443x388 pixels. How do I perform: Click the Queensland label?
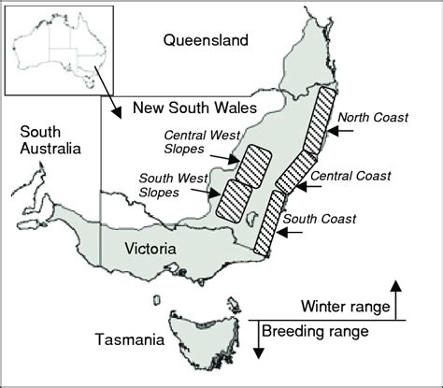click(206, 40)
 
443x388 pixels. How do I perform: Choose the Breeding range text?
click(313, 332)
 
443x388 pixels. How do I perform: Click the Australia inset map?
click(58, 50)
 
